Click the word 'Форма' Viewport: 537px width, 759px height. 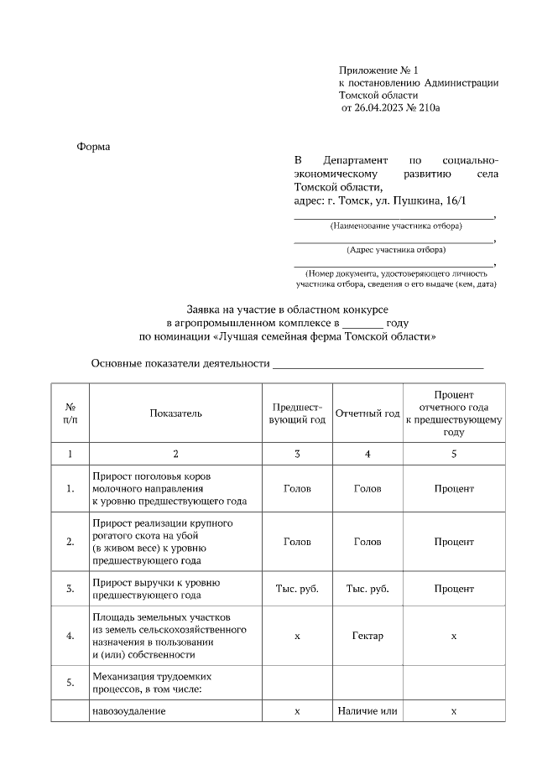94,147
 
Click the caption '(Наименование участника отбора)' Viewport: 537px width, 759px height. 393,226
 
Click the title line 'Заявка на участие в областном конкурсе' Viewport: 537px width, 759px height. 287,308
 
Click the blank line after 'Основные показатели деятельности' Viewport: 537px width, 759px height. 378,364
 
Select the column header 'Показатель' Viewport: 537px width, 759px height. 175,413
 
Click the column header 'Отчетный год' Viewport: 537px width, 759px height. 368,413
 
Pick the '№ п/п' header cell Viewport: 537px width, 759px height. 70,413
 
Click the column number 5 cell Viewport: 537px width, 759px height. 454,454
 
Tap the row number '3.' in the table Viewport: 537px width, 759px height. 70,589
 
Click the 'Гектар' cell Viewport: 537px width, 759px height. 368,636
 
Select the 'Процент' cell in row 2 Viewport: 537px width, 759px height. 454,542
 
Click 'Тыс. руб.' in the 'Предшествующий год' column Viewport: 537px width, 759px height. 297,589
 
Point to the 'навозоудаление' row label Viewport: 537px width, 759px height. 129,711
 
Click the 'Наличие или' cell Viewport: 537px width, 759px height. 368,711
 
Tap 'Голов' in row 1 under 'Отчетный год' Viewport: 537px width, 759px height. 368,488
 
